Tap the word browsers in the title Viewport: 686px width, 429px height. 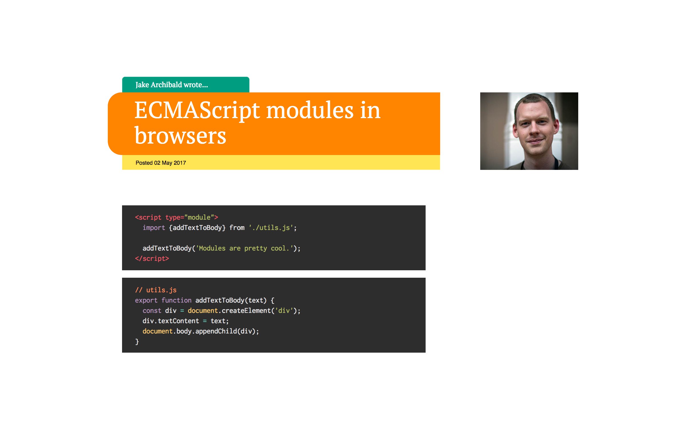(180, 136)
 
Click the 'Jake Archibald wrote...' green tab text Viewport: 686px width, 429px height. (172, 85)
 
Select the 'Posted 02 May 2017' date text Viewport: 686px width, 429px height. (161, 163)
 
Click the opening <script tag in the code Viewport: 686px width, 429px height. (148, 217)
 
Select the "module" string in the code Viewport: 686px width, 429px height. (199, 217)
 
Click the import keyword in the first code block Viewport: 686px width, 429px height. (154, 228)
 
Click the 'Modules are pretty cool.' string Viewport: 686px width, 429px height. (244, 248)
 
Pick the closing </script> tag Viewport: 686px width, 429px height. (152, 259)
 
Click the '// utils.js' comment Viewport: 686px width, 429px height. (156, 290)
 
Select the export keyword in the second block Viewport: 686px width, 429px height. (146, 300)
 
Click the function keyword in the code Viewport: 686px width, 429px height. (176, 300)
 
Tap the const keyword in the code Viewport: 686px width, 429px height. (152, 311)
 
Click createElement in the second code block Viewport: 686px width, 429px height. (246, 311)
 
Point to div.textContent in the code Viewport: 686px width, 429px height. (171, 321)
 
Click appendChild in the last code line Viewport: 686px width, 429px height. (216, 331)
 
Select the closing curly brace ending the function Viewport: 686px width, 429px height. (137, 341)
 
